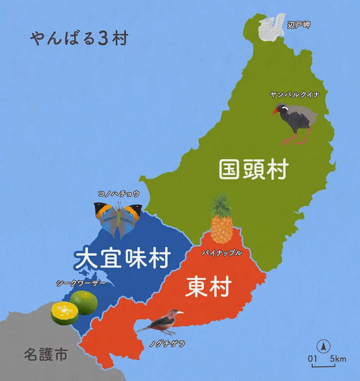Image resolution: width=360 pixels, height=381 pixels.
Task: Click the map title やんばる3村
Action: [x=78, y=38]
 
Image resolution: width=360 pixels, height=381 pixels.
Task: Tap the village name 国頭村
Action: [x=253, y=169]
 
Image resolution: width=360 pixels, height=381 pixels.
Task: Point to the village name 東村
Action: [x=208, y=287]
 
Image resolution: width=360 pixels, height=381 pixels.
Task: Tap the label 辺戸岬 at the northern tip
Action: [x=298, y=24]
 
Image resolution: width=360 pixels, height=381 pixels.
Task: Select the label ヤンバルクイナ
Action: [x=295, y=95]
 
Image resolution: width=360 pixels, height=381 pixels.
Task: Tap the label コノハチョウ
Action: [x=119, y=193]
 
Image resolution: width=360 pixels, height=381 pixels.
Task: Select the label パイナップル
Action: [x=221, y=253]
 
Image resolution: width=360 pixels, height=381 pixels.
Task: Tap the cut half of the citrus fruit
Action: [x=64, y=313]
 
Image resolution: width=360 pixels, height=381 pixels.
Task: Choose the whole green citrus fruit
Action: [x=84, y=302]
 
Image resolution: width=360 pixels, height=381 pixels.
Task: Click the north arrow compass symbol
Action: [x=322, y=346]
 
